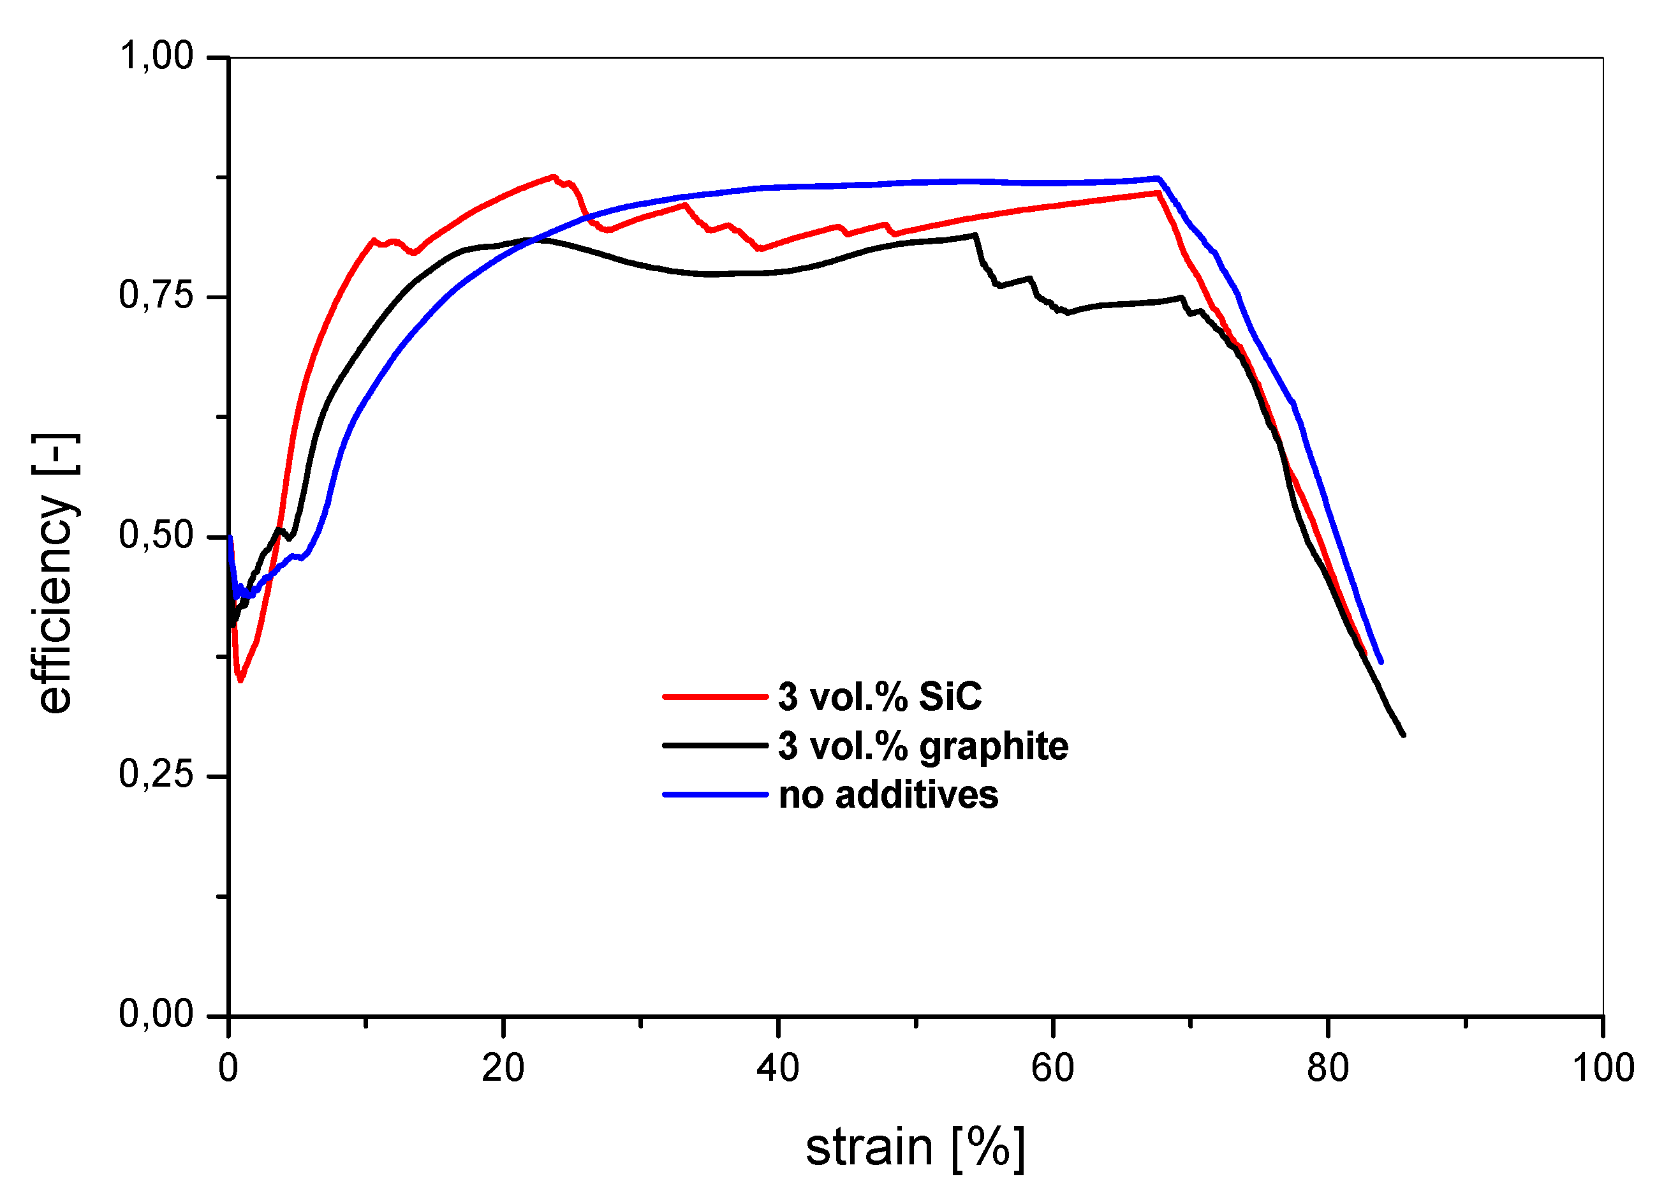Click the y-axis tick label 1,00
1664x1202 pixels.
(156, 57)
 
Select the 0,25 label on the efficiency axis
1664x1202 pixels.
(156, 775)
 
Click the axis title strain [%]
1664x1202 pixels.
(914, 1148)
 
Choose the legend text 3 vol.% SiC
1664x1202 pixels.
(879, 697)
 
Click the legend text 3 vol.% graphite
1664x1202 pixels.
(922, 746)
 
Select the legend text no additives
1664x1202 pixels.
(888, 796)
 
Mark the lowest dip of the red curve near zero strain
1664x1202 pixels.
(240, 680)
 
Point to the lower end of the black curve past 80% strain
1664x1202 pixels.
(1402, 734)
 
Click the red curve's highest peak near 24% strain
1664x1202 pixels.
(552, 176)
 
